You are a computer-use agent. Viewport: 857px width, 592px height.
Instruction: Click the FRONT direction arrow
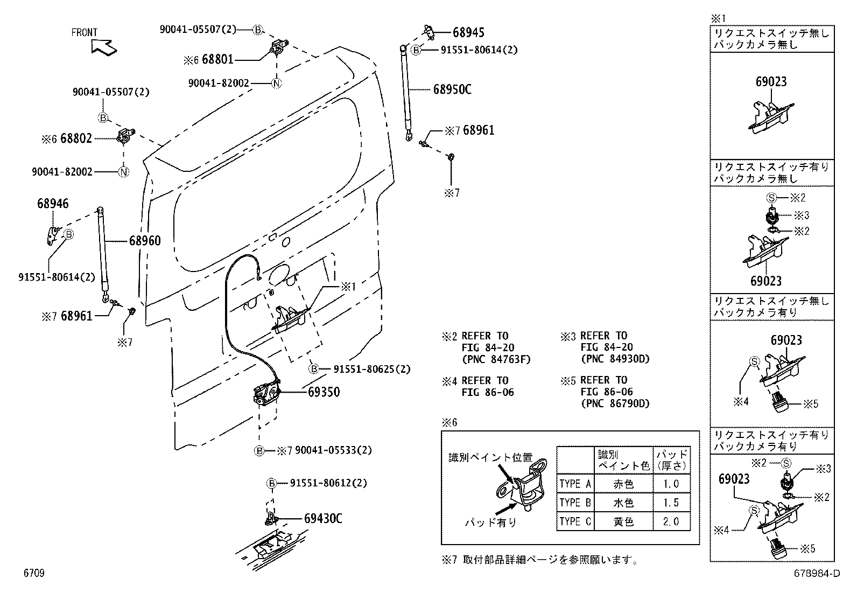(x=104, y=47)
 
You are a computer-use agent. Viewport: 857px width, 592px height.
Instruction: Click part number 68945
(x=468, y=32)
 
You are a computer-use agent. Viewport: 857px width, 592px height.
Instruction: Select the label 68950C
(x=452, y=89)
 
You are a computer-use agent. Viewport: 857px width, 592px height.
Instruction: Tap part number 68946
(x=53, y=204)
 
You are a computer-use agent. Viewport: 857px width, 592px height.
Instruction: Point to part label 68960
(x=144, y=241)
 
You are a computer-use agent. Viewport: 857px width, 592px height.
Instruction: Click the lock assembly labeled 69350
(x=266, y=392)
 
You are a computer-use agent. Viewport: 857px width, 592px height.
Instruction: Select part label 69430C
(x=323, y=519)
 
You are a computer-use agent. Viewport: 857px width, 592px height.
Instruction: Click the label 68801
(x=217, y=60)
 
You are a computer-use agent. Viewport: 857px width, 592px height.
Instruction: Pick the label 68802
(x=76, y=139)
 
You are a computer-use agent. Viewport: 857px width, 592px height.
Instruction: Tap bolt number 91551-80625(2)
(x=371, y=370)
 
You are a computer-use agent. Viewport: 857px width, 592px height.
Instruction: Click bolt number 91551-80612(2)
(x=328, y=483)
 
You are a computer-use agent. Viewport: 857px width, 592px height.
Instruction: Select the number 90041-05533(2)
(x=333, y=450)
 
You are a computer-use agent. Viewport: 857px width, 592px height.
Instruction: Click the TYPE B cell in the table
(x=574, y=503)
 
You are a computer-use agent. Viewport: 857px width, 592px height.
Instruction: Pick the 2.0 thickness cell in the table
(x=671, y=521)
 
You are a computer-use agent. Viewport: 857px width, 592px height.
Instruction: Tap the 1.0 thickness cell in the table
(x=671, y=484)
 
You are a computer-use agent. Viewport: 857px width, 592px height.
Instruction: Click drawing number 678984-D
(x=816, y=574)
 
